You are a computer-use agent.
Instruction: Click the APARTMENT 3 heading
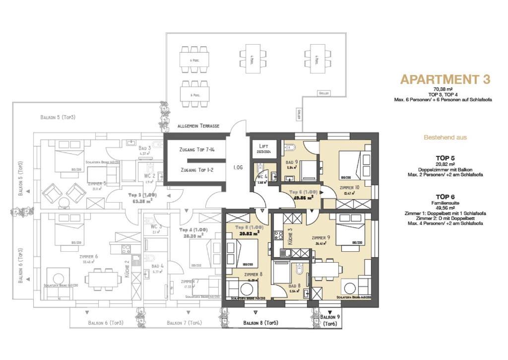[x=445, y=79]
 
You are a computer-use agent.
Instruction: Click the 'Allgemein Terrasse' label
[x=198, y=126]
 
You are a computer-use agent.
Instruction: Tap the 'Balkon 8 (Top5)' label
[x=260, y=323]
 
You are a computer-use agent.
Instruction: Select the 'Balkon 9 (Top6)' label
[x=330, y=320]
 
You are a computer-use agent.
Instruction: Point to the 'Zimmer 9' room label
[x=321, y=238]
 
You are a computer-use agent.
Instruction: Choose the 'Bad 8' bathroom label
[x=295, y=286]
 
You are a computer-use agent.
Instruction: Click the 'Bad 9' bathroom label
[x=292, y=162]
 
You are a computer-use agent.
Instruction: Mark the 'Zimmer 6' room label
[x=88, y=257]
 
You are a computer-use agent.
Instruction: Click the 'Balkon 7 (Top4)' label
[x=184, y=323]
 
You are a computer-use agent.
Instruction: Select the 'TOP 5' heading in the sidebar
[x=445, y=158]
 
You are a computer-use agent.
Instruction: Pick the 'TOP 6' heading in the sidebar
[x=445, y=197]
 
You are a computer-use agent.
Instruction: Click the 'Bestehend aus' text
[x=445, y=137]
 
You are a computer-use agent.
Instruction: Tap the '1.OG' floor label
[x=238, y=168]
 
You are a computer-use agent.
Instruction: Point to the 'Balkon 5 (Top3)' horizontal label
[x=58, y=117]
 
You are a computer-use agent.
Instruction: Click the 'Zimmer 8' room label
[x=253, y=274]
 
